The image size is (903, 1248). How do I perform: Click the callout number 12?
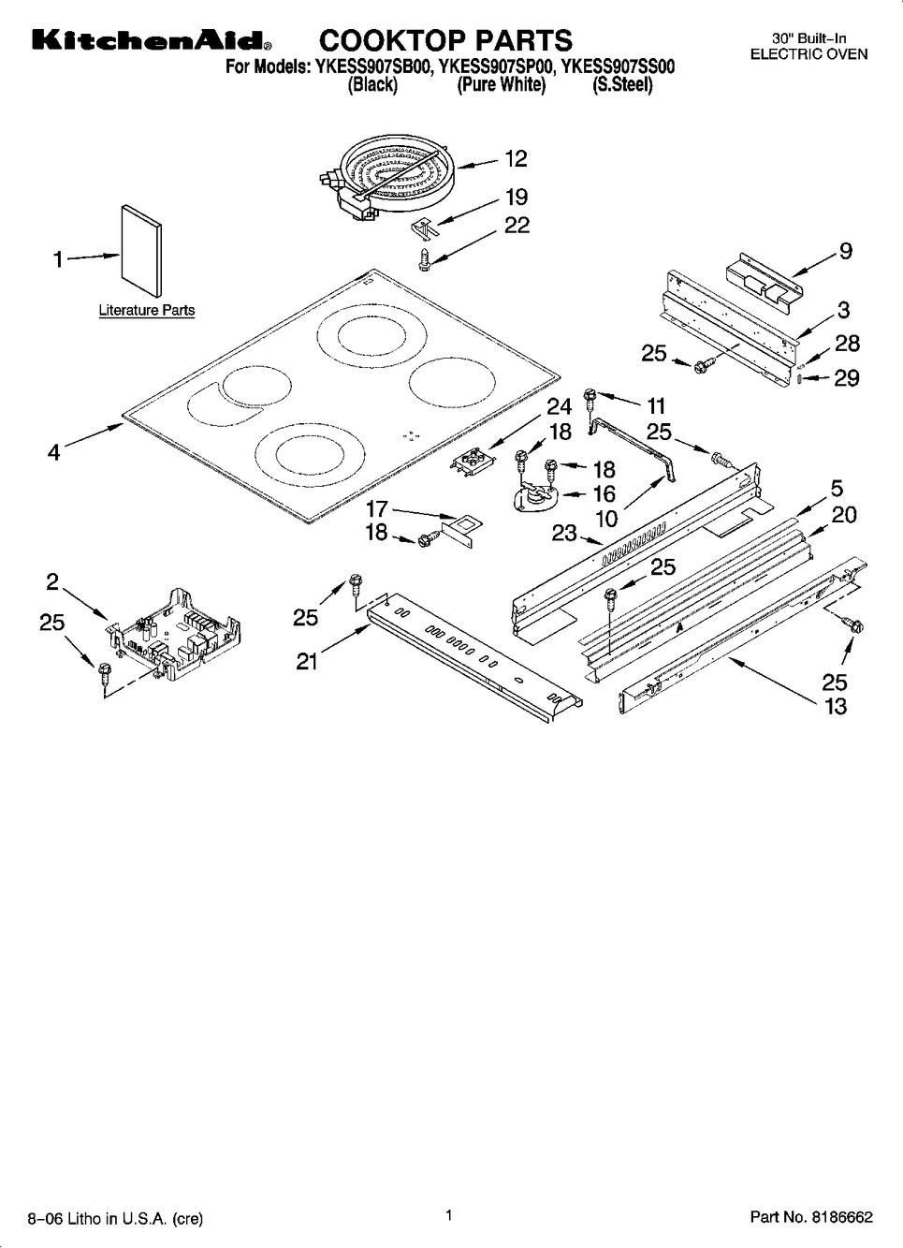pyautogui.click(x=516, y=159)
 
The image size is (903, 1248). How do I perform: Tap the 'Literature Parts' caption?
pyautogui.click(x=147, y=311)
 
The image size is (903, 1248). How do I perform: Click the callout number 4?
pyautogui.click(x=54, y=452)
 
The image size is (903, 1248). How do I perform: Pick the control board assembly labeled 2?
pyautogui.click(x=173, y=629)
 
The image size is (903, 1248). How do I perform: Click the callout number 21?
pyautogui.click(x=307, y=661)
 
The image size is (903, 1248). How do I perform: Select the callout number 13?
pyautogui.click(x=835, y=706)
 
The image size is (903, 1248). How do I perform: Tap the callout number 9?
pyautogui.click(x=845, y=251)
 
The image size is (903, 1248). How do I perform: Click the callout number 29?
pyautogui.click(x=846, y=378)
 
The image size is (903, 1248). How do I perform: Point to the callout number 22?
pyautogui.click(x=517, y=225)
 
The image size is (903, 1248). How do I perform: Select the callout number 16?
pyautogui.click(x=604, y=493)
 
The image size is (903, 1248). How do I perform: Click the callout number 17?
pyautogui.click(x=376, y=509)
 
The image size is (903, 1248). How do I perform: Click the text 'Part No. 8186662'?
pyautogui.click(x=810, y=1218)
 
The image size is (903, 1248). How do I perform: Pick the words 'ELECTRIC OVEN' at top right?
pyautogui.click(x=808, y=54)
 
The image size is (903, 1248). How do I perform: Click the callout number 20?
pyautogui.click(x=844, y=515)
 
